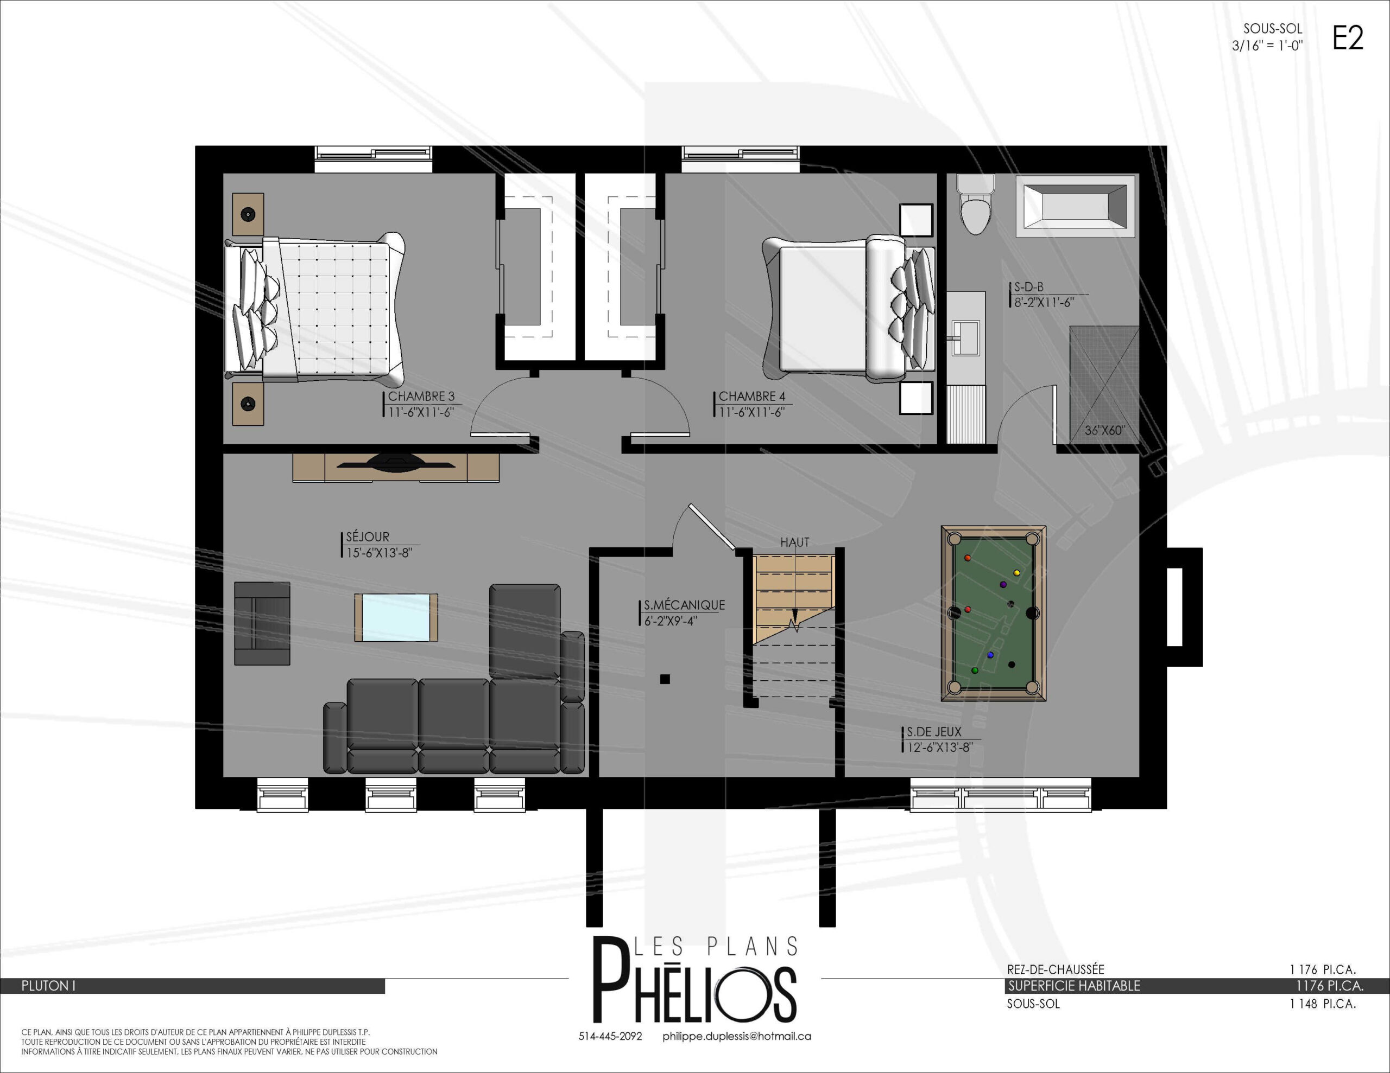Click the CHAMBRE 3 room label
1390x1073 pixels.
[x=421, y=396]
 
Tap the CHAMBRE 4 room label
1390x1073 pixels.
[x=751, y=396]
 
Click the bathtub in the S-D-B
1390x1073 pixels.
[x=1075, y=207]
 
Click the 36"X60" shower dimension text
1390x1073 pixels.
[x=1104, y=431]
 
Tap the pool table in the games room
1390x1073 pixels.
[x=994, y=613]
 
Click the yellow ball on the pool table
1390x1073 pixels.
[x=1016, y=573]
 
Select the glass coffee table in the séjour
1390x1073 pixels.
[x=396, y=617]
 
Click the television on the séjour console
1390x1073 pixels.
[x=396, y=462]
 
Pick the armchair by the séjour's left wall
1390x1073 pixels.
[x=262, y=623]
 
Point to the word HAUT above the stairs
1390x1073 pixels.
[x=795, y=542]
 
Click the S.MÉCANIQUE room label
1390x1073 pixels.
[x=684, y=605]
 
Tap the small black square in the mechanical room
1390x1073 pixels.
[x=665, y=679]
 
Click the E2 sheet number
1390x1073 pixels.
[x=1348, y=38]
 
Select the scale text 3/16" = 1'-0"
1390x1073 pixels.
[x=1267, y=46]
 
